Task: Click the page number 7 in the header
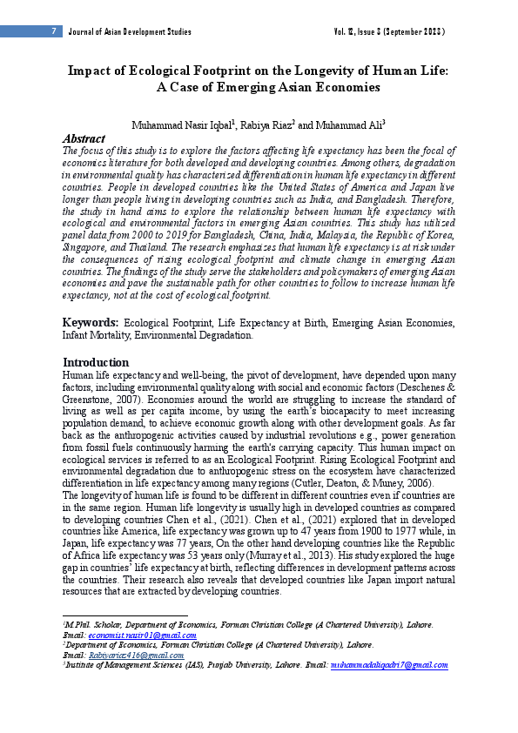(x=53, y=32)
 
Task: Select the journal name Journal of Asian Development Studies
(x=130, y=32)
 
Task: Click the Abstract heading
(x=84, y=138)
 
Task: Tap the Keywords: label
(x=91, y=323)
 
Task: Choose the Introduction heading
(x=96, y=362)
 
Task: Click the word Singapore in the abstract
(x=86, y=246)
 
